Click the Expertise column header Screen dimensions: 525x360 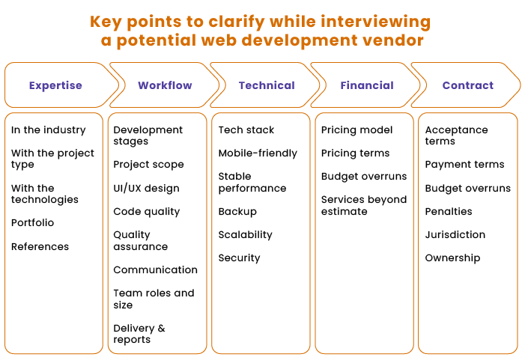pos(55,85)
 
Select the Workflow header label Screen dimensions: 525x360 pos(165,85)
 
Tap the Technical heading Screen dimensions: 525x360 pos(267,85)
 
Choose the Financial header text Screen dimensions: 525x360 pos(367,85)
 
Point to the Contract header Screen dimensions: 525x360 pos(468,85)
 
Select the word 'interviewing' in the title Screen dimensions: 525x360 pos(375,22)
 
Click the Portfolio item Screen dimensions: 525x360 pos(32,222)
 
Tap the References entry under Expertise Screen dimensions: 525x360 pos(40,246)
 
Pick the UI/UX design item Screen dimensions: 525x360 pos(146,188)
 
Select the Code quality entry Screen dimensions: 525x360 pos(147,212)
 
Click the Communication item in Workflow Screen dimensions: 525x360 pos(155,269)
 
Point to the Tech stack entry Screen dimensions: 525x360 pos(246,129)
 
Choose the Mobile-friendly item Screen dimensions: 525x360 pos(258,153)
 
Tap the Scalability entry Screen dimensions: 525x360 pos(245,234)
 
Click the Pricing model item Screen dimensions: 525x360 pos(357,129)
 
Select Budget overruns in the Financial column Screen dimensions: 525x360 pos(364,177)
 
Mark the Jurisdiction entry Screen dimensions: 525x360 pos(455,234)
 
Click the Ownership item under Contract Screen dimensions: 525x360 pos(452,258)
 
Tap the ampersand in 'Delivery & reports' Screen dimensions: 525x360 pos(161,329)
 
